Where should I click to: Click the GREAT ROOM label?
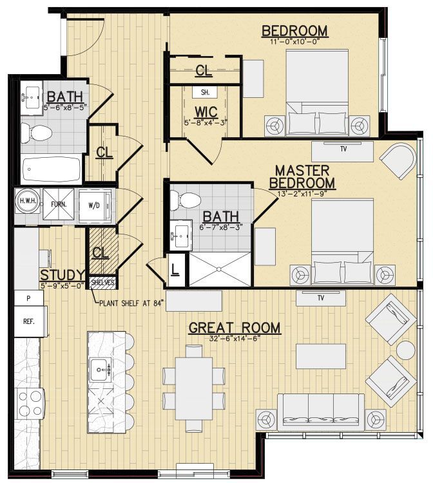235,328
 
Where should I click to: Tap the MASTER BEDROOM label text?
302,178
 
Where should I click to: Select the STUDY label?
63,276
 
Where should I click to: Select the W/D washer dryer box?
94,206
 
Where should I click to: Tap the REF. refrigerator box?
28,320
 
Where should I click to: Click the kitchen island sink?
101,369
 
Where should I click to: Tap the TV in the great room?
320,298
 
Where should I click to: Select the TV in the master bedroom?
342,151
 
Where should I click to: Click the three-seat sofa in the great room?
320,412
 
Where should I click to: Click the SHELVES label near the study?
102,282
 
